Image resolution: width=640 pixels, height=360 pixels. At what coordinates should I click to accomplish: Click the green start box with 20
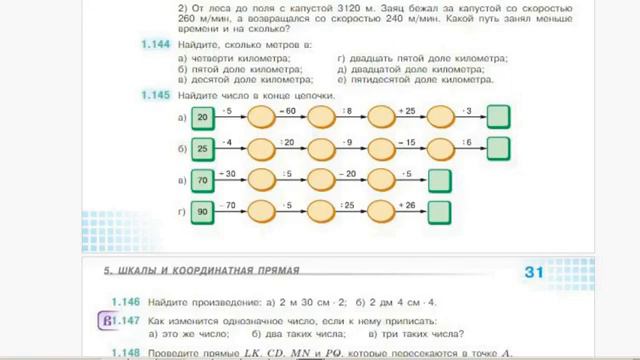click(x=204, y=119)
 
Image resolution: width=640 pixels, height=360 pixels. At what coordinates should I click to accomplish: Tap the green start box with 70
click(x=204, y=181)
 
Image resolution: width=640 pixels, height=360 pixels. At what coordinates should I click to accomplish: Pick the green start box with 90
click(x=204, y=212)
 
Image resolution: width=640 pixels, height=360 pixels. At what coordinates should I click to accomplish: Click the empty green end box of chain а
click(x=499, y=119)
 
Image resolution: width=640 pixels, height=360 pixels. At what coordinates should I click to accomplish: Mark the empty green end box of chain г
click(x=438, y=212)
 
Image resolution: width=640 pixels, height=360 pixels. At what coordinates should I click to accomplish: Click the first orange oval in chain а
click(x=261, y=119)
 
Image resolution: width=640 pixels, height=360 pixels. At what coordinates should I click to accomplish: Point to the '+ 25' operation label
click(x=409, y=108)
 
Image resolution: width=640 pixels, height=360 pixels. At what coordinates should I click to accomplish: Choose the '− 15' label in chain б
click(x=409, y=139)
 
